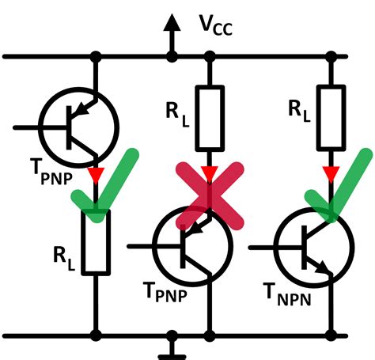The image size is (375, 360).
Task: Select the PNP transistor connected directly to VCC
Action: [x=78, y=127]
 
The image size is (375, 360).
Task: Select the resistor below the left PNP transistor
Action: [x=96, y=241]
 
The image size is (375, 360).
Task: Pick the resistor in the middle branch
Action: [x=210, y=119]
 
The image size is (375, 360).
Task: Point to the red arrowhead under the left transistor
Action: [x=96, y=172]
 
